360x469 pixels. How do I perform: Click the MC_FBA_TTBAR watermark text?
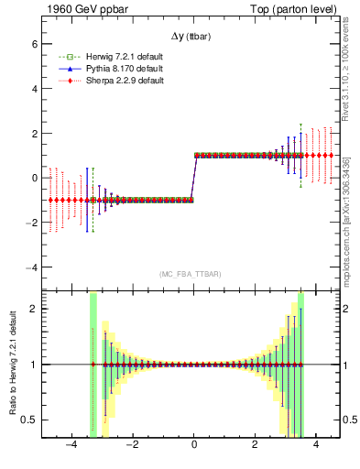tap(191, 274)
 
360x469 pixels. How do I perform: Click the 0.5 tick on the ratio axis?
tap(29, 420)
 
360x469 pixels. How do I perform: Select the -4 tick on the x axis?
tap(71, 448)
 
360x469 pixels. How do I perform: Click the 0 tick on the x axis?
tap(194, 448)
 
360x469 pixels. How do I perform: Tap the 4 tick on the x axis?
tap(315, 448)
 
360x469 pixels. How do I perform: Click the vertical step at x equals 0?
tap(194, 177)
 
